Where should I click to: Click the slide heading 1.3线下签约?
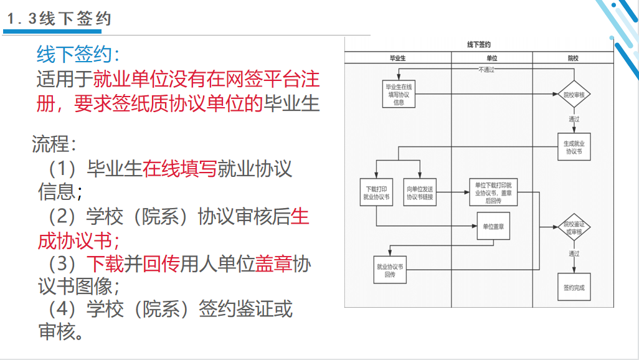coord(59,19)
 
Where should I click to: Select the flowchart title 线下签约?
coord(479,44)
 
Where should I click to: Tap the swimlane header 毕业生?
coord(398,58)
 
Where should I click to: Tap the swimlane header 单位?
coord(492,58)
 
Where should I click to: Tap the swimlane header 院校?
coord(573,58)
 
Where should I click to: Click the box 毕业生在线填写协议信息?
coord(399,95)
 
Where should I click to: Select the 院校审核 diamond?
coord(574,95)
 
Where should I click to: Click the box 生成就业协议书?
coord(574,147)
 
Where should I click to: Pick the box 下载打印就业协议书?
coord(376,192)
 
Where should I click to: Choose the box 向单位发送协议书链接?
coord(420,192)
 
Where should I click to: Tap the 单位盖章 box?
coord(493,227)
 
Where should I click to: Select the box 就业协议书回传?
coord(390,270)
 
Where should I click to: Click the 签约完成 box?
coord(574,288)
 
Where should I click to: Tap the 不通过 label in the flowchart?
coord(486,70)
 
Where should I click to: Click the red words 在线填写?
coord(179,168)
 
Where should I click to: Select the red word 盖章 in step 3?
coord(274,264)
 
